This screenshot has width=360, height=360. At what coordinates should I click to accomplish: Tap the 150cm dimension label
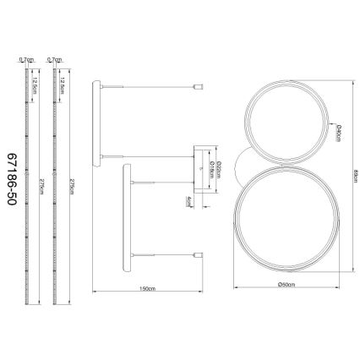(x=148, y=289)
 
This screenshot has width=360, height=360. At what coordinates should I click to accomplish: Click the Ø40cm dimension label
(x=337, y=134)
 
